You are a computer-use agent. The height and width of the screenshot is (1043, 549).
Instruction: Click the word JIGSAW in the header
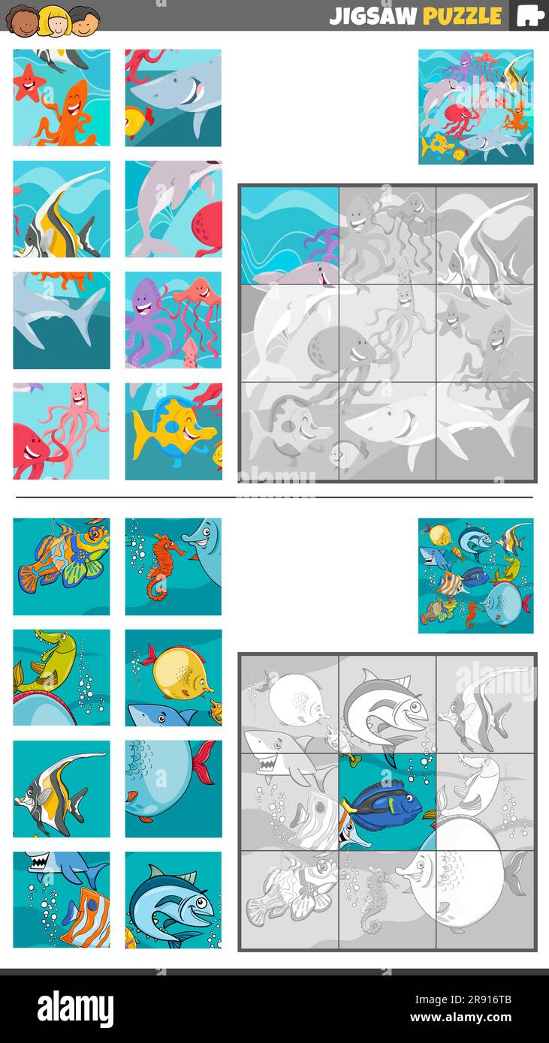point(373,16)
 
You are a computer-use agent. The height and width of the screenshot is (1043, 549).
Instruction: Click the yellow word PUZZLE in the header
point(462,16)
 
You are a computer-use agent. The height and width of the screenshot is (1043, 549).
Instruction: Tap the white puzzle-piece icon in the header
point(530,16)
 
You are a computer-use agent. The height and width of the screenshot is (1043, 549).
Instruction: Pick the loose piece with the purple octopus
point(173,320)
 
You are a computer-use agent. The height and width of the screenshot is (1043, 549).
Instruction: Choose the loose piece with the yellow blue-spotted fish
point(173,431)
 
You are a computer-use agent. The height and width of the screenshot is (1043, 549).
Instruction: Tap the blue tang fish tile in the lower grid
point(387,801)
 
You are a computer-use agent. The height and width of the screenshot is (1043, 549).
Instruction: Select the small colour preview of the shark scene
point(475,107)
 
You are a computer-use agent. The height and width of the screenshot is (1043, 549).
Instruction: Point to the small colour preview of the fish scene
point(475,576)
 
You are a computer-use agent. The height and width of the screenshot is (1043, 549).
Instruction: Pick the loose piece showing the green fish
point(61,677)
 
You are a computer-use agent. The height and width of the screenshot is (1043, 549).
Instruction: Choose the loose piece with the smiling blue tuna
point(173,899)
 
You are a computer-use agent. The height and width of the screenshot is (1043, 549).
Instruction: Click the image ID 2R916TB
point(484,999)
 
